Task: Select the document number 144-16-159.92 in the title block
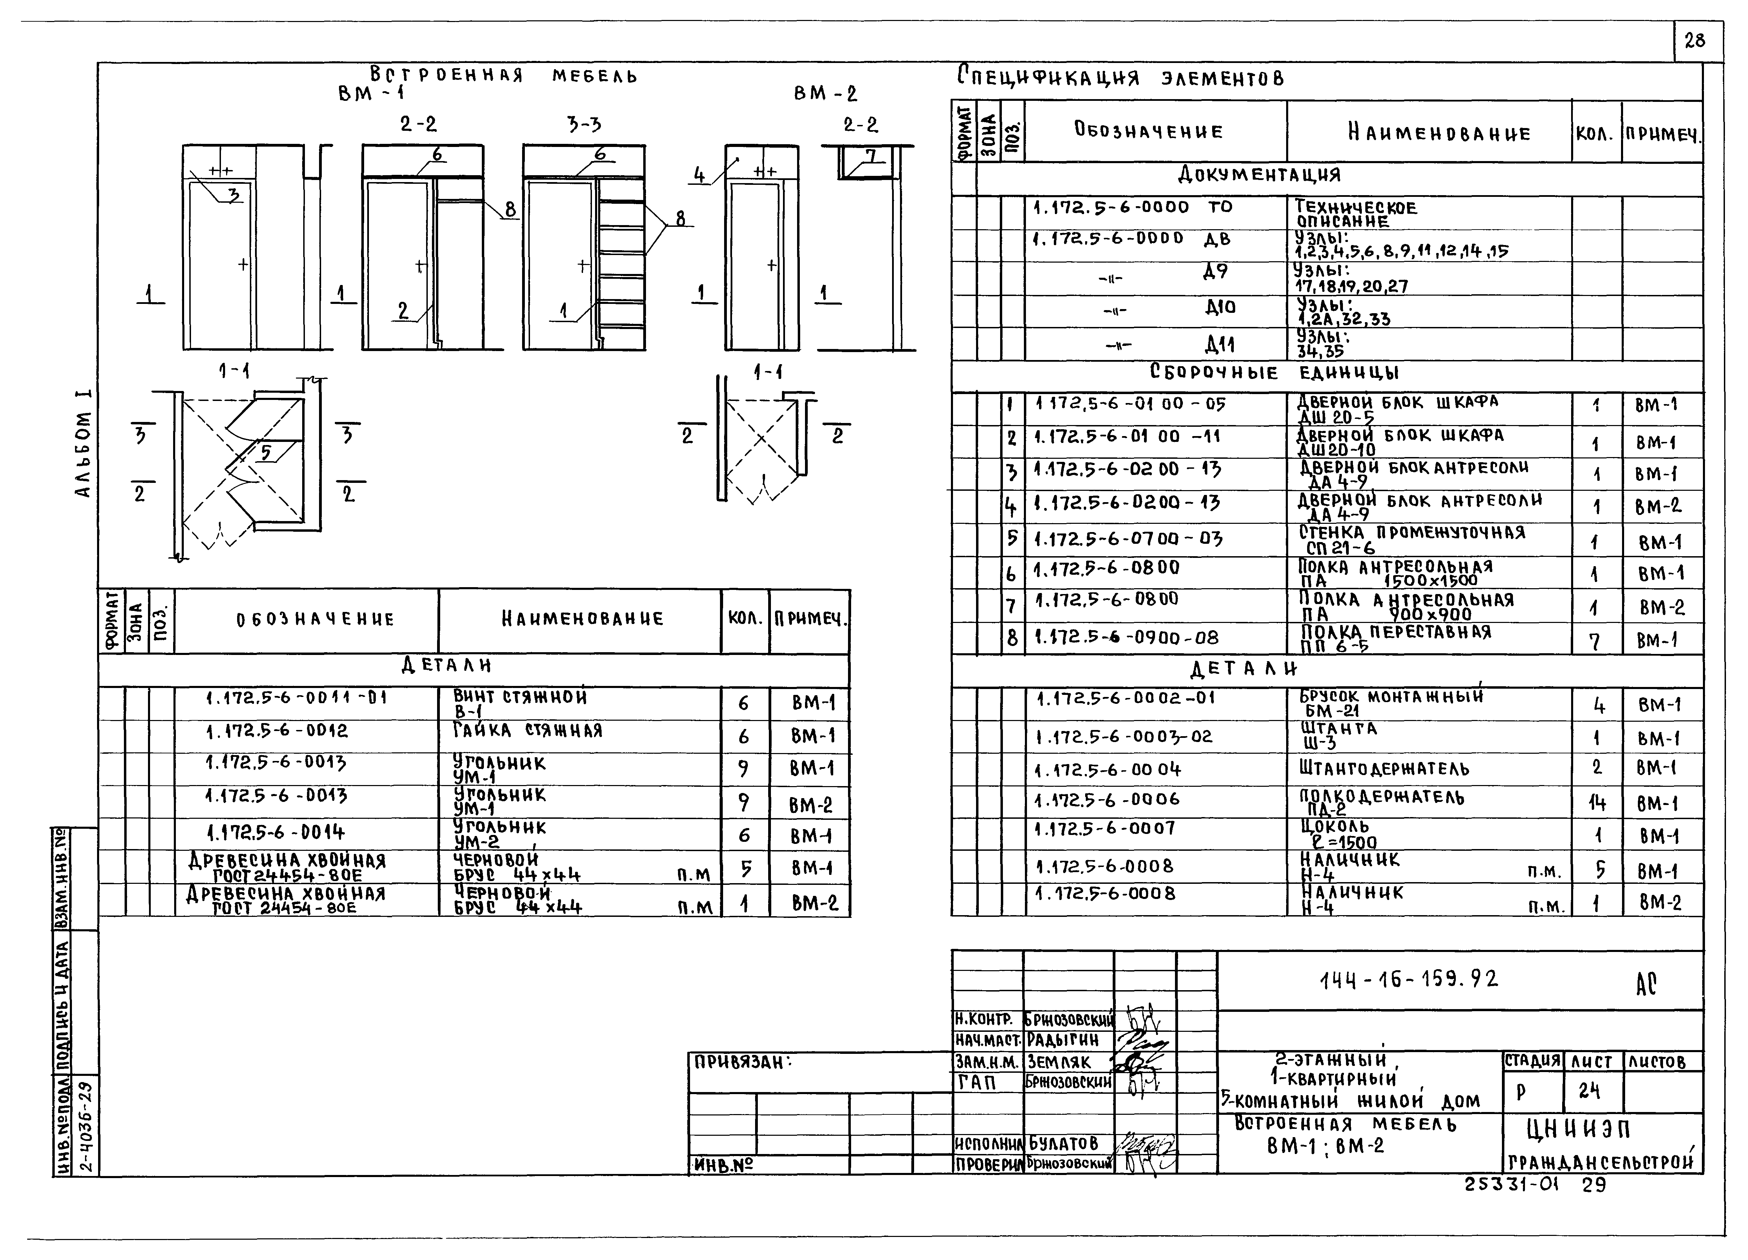point(1409,980)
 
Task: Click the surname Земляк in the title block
point(1059,1062)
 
